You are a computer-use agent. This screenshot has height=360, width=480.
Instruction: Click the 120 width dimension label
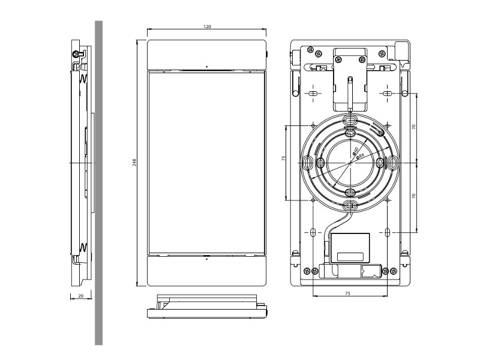click(x=207, y=27)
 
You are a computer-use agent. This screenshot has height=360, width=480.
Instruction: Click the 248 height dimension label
click(x=134, y=163)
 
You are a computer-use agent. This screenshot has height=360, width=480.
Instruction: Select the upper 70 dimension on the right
click(x=414, y=128)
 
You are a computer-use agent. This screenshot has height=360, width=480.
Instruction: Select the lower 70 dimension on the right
click(x=414, y=196)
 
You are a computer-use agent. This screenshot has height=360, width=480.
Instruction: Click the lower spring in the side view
click(x=83, y=247)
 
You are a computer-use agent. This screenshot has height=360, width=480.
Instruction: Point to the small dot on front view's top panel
click(x=206, y=65)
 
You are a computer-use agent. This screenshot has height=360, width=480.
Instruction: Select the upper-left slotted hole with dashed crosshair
click(x=313, y=94)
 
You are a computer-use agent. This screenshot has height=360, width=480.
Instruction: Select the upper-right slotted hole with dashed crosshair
click(x=388, y=94)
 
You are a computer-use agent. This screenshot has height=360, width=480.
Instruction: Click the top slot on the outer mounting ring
click(x=350, y=121)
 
